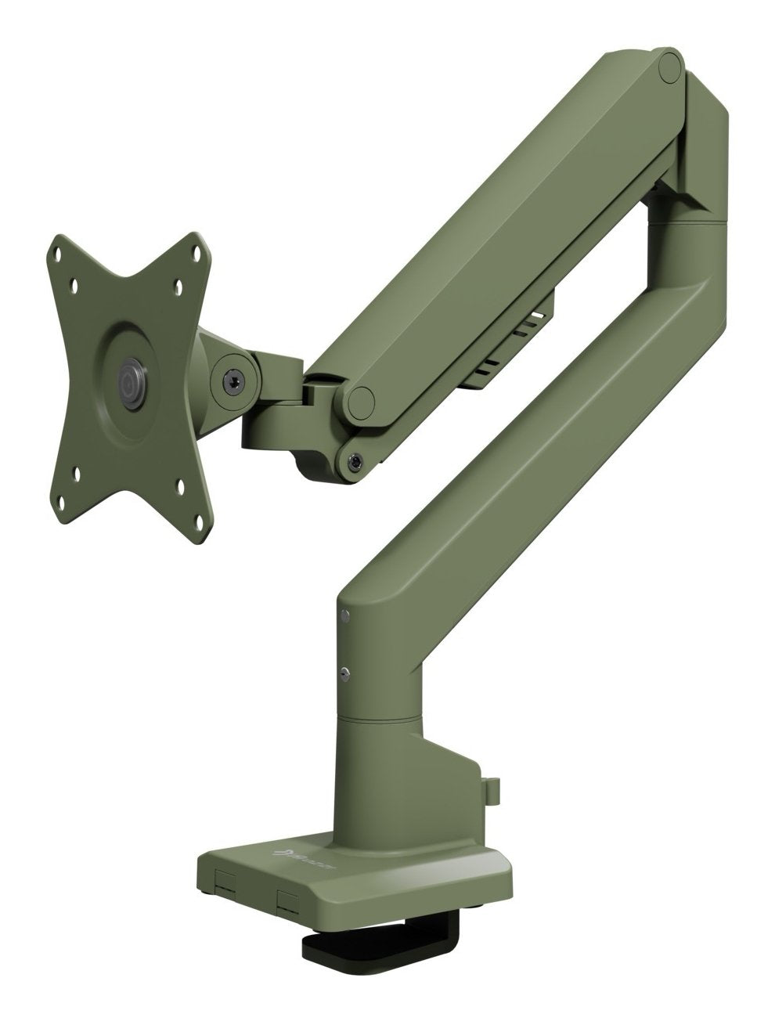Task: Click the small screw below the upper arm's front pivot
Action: click(x=356, y=462)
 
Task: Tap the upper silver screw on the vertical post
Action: click(x=345, y=615)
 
